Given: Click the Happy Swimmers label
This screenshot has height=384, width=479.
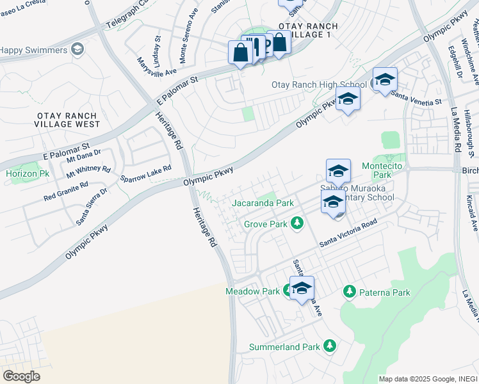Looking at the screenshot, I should (x=33, y=50).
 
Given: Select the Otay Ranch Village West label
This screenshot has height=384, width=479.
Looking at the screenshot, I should (x=69, y=119).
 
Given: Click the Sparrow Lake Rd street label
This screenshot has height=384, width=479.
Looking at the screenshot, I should (x=147, y=173).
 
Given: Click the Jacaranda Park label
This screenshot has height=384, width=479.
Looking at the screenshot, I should (x=263, y=203).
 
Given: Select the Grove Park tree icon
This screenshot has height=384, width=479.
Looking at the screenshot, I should (x=296, y=223).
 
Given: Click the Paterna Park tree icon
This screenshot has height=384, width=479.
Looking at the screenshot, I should (x=350, y=292).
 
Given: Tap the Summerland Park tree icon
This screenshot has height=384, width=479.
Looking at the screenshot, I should (x=330, y=346).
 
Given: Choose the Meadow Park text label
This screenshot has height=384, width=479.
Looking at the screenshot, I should (x=252, y=291).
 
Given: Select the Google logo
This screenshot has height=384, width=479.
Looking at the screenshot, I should (x=22, y=376).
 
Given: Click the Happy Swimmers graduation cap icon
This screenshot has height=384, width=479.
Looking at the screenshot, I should (x=77, y=49).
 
